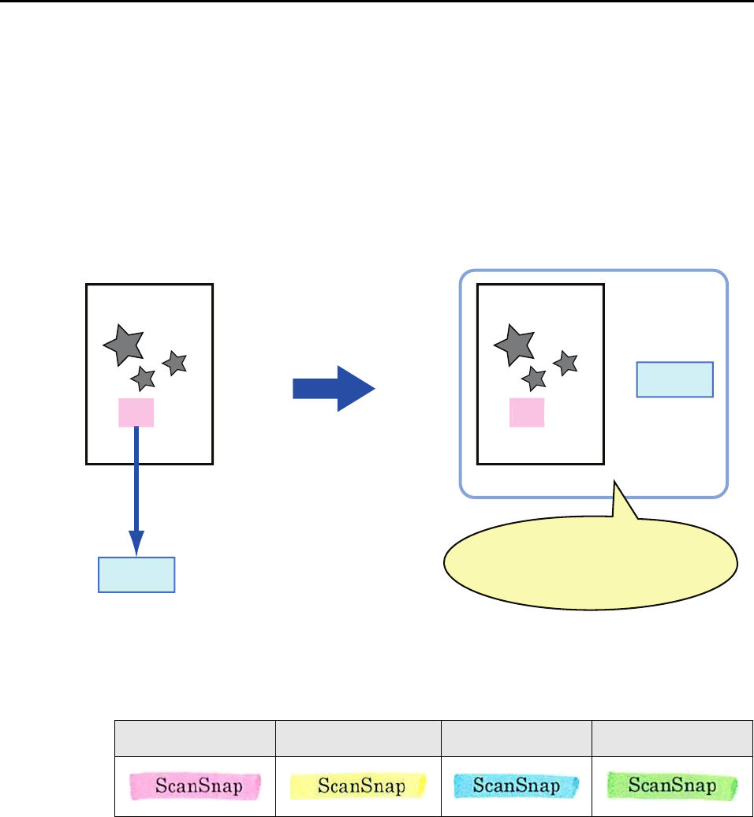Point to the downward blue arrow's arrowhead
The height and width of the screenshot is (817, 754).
point(136,543)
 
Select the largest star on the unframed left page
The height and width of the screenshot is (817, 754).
point(124,344)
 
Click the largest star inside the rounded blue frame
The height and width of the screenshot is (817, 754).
point(513,344)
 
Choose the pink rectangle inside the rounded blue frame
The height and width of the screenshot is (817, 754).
point(527,412)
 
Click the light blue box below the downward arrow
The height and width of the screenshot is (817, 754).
point(136,575)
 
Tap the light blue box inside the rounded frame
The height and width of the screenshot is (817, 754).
point(674,379)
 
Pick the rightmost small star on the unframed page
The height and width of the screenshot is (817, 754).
point(174,363)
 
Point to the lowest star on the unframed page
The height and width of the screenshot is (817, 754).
point(143,379)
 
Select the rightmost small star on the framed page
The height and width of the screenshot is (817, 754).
point(565,363)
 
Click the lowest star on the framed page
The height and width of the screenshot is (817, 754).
point(534,379)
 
